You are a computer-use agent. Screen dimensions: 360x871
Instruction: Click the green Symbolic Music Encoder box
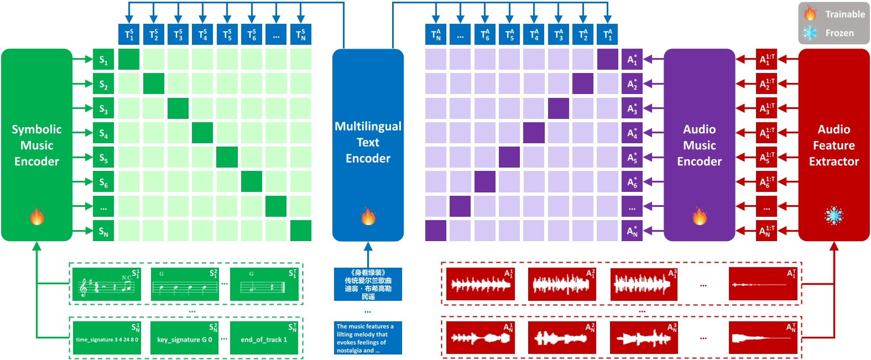click(x=36, y=145)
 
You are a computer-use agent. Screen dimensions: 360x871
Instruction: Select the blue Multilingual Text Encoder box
click(x=368, y=145)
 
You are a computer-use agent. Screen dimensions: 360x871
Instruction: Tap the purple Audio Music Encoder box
click(x=699, y=145)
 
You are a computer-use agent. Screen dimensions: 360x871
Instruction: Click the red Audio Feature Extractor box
click(x=833, y=145)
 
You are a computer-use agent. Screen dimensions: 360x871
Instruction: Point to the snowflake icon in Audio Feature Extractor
click(x=833, y=216)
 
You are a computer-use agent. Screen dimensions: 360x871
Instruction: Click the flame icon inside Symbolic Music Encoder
click(x=37, y=216)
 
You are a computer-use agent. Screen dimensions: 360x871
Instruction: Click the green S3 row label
click(x=103, y=108)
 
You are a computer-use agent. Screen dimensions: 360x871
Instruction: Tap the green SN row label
click(x=103, y=231)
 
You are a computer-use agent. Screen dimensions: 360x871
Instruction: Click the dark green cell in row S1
click(x=129, y=59)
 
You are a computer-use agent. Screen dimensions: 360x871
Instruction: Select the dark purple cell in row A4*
click(x=534, y=133)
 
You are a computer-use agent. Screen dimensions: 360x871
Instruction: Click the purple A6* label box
click(x=632, y=182)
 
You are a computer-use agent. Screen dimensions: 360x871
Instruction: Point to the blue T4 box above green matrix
click(x=202, y=34)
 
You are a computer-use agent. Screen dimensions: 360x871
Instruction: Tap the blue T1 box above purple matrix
click(x=607, y=34)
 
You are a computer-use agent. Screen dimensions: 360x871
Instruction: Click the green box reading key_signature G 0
click(x=185, y=339)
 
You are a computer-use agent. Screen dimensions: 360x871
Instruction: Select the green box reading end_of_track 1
click(x=264, y=339)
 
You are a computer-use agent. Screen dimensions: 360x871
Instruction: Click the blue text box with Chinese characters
click(x=368, y=284)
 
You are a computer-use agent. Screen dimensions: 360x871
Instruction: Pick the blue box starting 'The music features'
click(x=368, y=338)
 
